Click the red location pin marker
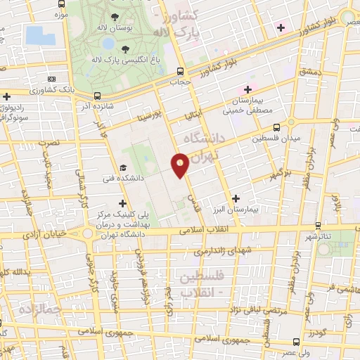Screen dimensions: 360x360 pos(180,165)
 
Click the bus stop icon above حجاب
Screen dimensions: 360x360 pos(181,71)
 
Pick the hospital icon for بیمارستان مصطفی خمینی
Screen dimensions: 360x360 pos(247,89)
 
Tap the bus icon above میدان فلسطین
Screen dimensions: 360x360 pos(276,127)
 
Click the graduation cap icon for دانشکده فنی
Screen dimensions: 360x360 pos(124,168)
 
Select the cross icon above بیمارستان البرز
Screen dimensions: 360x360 pos(236,199)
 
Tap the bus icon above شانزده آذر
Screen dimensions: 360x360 pos(97,96)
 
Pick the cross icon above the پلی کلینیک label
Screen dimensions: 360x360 pos(124,202)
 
